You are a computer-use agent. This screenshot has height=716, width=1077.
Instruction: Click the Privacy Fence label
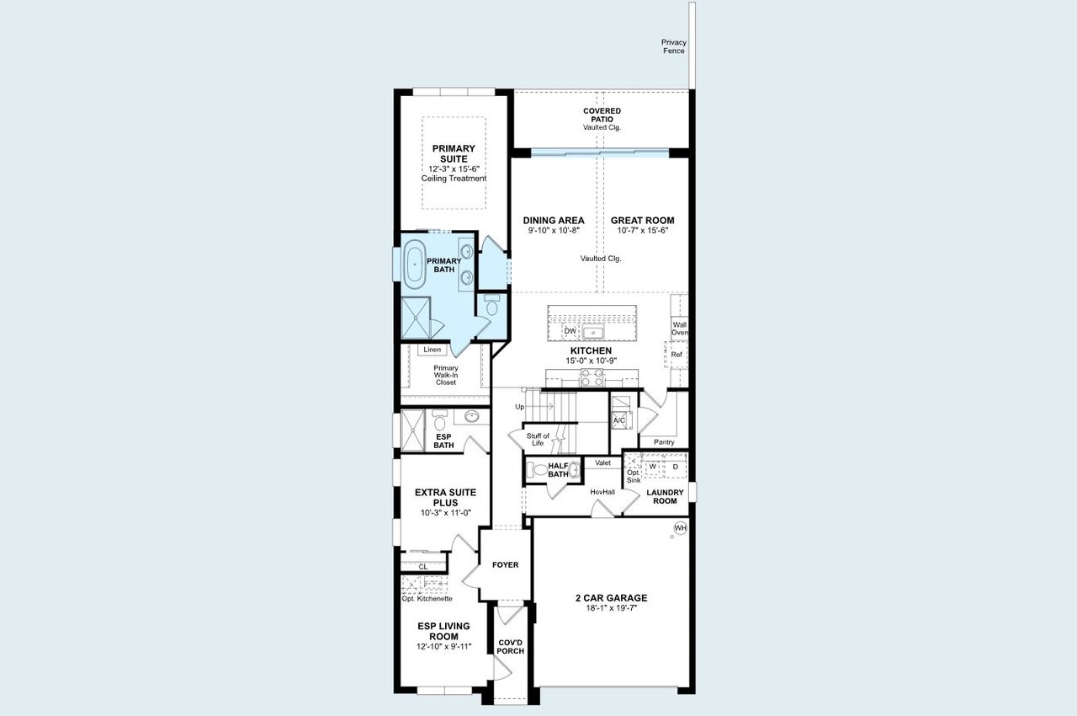[x=673, y=46]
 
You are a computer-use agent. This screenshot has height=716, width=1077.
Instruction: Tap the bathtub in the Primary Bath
[x=415, y=264]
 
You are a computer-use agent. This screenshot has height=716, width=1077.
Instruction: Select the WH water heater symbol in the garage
[x=680, y=528]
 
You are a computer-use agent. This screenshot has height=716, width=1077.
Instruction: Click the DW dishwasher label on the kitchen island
[x=570, y=331]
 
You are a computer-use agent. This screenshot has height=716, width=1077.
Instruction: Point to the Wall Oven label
[x=680, y=328]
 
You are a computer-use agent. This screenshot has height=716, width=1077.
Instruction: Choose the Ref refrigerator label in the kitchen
[x=676, y=355]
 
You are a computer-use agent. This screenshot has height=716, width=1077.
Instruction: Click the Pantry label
[x=664, y=442]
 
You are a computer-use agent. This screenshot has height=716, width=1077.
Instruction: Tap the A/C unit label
[x=619, y=419]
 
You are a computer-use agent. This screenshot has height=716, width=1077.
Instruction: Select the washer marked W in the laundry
[x=653, y=466]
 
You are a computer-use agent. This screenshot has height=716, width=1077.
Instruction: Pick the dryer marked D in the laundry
[x=675, y=466]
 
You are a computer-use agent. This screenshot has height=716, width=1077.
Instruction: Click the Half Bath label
[x=558, y=470]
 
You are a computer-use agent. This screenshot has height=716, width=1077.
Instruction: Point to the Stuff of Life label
[x=538, y=440]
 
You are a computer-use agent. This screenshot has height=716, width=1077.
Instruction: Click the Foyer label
[x=505, y=564]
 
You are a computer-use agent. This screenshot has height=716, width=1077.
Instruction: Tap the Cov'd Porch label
[x=511, y=646]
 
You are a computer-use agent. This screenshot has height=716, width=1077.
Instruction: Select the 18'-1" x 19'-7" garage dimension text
[x=611, y=610]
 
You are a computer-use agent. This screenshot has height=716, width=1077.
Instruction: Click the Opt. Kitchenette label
[x=427, y=599]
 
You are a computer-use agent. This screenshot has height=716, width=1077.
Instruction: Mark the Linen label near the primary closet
[x=432, y=349]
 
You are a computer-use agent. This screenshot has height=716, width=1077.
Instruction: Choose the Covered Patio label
[x=602, y=115]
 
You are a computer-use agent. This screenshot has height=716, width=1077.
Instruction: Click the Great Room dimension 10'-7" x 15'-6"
[x=642, y=231]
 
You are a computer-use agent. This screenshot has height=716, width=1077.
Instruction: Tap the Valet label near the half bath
[x=602, y=462]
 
